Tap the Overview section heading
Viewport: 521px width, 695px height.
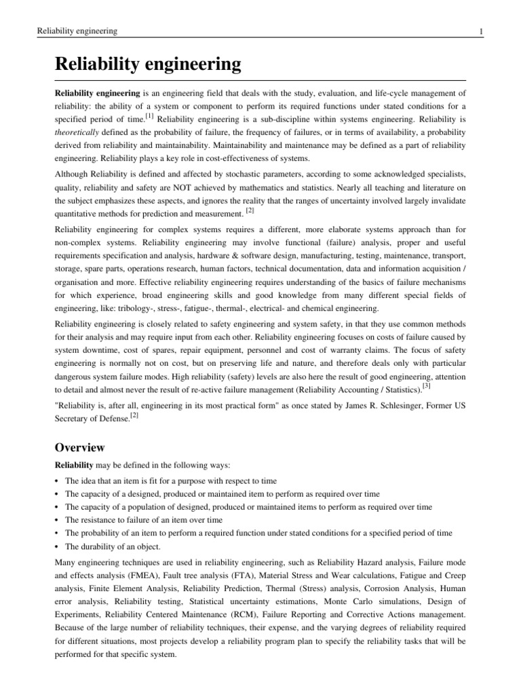[x=80, y=428]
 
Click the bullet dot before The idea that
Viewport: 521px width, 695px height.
[x=56, y=481]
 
